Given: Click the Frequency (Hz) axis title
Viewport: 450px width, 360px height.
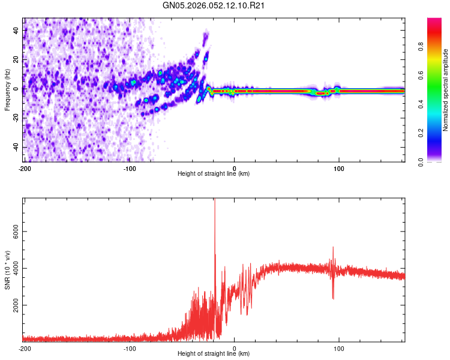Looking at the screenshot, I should pos(7,90).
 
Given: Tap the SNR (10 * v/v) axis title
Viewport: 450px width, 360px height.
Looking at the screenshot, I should pos(7,269).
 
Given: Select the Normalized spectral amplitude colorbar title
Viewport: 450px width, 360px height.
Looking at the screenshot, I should pos(446,90).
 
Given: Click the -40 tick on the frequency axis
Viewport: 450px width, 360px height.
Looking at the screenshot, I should pos(16,147).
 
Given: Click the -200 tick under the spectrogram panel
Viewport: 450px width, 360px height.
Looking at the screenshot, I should pos(25,167).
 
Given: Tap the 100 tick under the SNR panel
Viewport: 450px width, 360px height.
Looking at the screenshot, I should pos(339,348).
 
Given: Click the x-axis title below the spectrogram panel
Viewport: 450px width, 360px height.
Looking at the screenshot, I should pos(214,174).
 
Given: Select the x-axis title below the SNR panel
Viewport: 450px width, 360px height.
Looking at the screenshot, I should pos(214,355).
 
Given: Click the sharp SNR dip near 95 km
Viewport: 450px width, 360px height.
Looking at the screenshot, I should pos(333,296).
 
